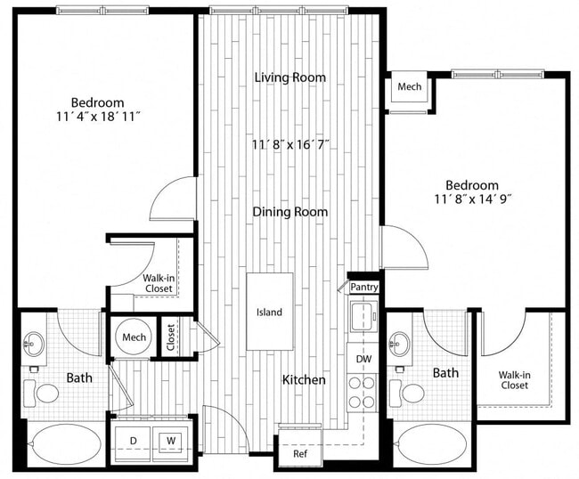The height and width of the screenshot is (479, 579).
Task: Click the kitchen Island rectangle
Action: (270, 312)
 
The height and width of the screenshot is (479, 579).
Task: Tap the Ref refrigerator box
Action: (299, 452)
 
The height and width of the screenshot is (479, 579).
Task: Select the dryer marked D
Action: (135, 440)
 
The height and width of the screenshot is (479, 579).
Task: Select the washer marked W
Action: (169, 440)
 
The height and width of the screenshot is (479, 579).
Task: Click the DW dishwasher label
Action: (363, 358)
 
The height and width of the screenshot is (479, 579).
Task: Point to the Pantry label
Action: (363, 287)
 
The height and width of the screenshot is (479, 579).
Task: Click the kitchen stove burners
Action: (362, 392)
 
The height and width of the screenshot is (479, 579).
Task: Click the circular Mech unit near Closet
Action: (134, 337)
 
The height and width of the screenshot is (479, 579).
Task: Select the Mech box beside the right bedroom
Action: (409, 87)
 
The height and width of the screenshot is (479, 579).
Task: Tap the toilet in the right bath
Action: (412, 393)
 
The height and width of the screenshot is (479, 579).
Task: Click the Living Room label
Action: (290, 77)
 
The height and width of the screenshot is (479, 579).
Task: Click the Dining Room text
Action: (290, 212)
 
